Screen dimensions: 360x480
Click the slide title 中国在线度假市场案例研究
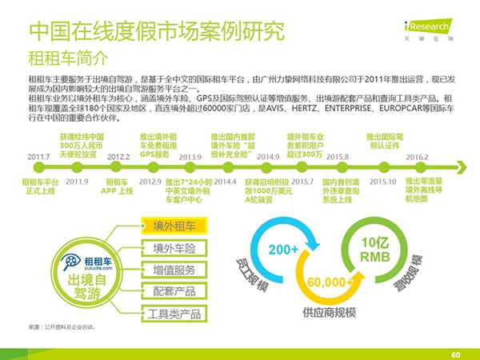[x=156, y=32]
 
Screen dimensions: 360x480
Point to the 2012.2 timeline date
[x=118, y=157]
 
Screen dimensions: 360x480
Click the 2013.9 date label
[x=190, y=157]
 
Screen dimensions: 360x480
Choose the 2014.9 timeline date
[x=268, y=157]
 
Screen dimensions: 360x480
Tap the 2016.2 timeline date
[x=416, y=157]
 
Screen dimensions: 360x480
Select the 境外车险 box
[x=170, y=248]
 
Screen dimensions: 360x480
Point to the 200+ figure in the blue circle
[x=284, y=250]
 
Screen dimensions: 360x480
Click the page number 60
[x=455, y=354]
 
